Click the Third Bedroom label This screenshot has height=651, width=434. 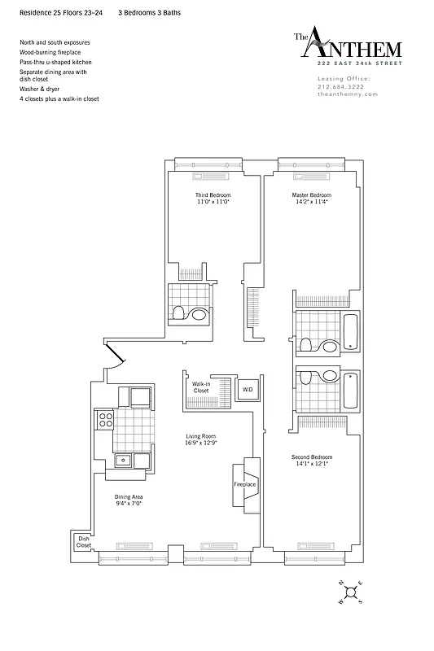pyautogui.click(x=213, y=195)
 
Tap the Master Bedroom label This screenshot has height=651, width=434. pyautogui.click(x=312, y=195)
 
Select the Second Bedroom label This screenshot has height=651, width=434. pyautogui.click(x=312, y=457)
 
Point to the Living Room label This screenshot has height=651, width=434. pyautogui.click(x=200, y=437)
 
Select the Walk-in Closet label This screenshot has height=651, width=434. pyautogui.click(x=201, y=387)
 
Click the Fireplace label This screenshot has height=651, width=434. pyautogui.click(x=245, y=484)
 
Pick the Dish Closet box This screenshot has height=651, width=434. pyautogui.click(x=83, y=541)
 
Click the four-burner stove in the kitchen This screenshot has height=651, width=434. pyautogui.click(x=105, y=420)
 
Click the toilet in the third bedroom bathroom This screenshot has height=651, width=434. pyautogui.click(x=197, y=313)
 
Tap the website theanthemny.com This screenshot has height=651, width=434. pyautogui.click(x=348, y=94)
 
